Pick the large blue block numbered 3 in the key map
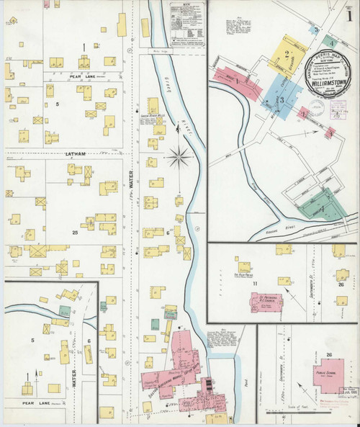[282, 98]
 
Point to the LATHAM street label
[75, 153]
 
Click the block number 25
[74, 233]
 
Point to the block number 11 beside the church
[255, 284]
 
